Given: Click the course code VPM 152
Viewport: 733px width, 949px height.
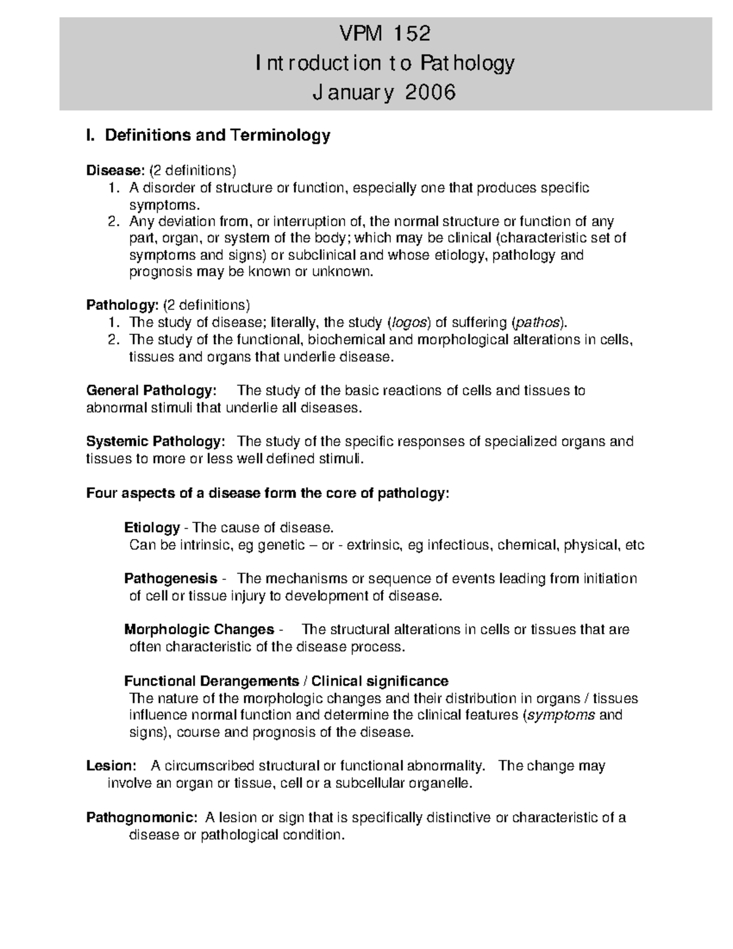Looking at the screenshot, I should pyautogui.click(x=385, y=34).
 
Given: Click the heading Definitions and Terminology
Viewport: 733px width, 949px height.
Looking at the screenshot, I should pyautogui.click(x=217, y=135).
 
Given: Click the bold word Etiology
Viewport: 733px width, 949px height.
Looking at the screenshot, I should pyautogui.click(x=151, y=527).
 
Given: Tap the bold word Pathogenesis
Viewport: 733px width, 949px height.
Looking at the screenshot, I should pyautogui.click(x=170, y=579).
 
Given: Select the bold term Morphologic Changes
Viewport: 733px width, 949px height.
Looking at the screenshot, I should pyautogui.click(x=199, y=629).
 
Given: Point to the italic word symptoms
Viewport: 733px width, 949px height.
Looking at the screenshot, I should pyautogui.click(x=560, y=715).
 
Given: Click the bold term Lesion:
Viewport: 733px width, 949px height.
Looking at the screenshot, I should pyautogui.click(x=110, y=766).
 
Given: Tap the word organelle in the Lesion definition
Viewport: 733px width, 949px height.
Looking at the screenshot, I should pyautogui.click(x=446, y=783).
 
